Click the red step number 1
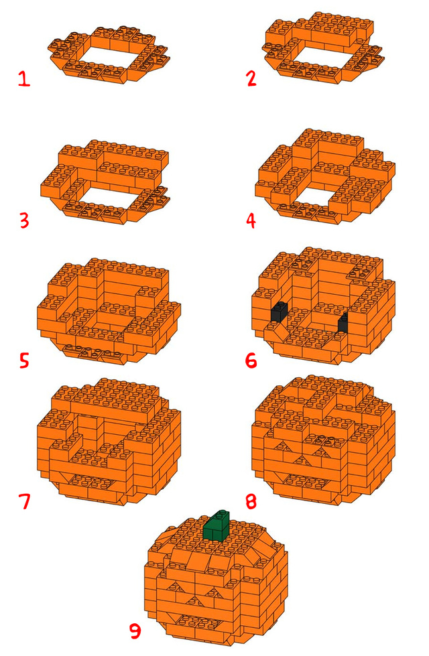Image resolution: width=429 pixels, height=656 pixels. (24, 78)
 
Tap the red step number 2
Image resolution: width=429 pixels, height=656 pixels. (251, 78)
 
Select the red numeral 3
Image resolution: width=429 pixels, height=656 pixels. (24, 220)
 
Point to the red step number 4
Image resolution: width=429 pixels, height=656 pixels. (251, 220)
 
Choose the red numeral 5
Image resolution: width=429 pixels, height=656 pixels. (24, 360)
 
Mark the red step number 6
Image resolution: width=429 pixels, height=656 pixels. (251, 360)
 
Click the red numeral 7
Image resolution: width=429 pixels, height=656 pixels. (25, 501)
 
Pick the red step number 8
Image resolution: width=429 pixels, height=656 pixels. (251, 501)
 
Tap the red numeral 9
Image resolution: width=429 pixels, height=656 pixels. (135, 631)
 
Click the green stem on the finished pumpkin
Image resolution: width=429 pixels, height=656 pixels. (217, 526)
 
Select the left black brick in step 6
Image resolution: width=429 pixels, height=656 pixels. (279, 312)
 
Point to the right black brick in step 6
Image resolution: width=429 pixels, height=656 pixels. (343, 322)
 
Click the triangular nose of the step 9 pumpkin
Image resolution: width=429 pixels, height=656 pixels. (192, 601)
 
